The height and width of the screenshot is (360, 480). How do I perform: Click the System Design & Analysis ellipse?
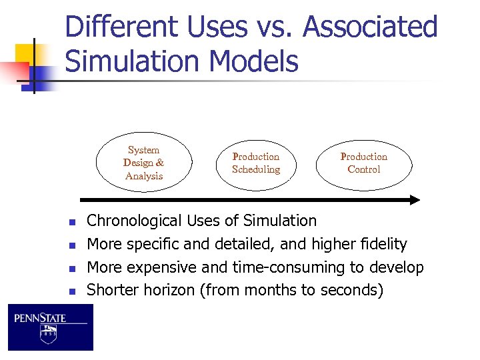click(144, 163)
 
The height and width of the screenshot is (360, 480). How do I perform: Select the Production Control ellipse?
click(363, 163)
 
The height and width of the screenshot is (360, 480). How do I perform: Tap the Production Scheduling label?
click(256, 163)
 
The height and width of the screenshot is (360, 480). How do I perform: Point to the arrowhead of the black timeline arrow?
click(414, 199)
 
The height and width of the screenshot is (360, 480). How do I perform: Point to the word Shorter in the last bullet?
click(112, 290)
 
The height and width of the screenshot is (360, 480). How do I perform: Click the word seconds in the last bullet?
click(350, 290)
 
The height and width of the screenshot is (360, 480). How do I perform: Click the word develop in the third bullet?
click(399, 267)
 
